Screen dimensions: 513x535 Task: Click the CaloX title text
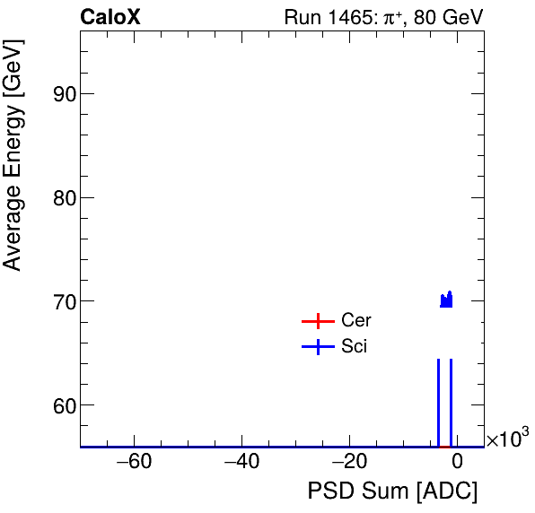click(110, 17)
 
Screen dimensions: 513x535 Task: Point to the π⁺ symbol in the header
click(392, 17)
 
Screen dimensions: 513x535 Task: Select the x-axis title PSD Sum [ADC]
click(392, 491)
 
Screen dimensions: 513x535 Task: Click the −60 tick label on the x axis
click(129, 463)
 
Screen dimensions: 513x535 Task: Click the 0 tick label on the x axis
click(457, 463)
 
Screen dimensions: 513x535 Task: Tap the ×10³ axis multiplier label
click(507, 439)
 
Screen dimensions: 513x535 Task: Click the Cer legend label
click(355, 321)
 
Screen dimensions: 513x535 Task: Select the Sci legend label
click(354, 347)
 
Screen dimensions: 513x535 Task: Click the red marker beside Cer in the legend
click(318, 321)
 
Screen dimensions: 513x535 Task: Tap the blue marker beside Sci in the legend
click(318, 347)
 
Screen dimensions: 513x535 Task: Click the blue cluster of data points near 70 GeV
click(446, 300)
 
